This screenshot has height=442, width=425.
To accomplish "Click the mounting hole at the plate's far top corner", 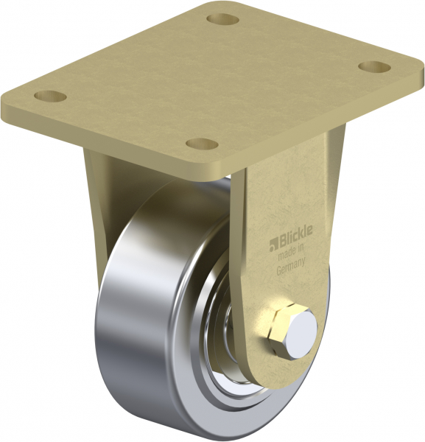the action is [222, 19].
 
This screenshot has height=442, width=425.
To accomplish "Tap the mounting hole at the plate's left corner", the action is [50, 97].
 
